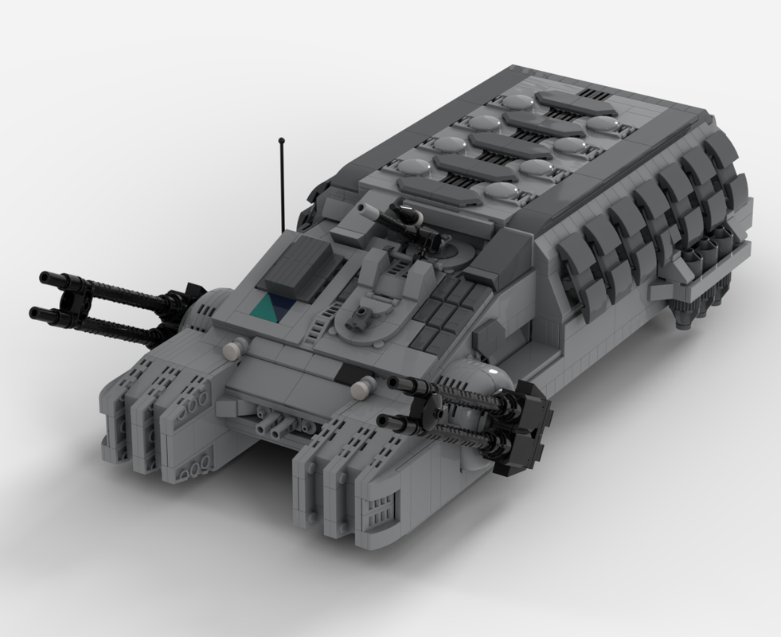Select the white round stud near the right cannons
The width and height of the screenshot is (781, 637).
point(362,390)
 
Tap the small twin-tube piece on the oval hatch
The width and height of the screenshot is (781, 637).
point(363,316)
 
